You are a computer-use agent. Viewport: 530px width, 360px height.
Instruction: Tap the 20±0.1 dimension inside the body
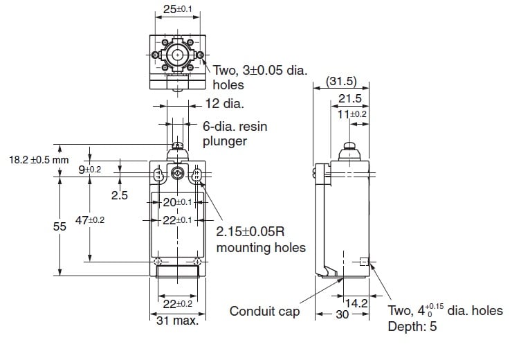[x=177, y=202]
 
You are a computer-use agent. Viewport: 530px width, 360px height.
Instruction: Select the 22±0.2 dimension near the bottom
[x=177, y=304]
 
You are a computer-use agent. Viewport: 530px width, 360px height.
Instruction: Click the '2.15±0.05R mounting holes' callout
[x=261, y=239]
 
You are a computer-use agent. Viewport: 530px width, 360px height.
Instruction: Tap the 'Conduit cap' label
[x=265, y=312]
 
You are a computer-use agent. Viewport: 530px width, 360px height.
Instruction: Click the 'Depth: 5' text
[x=412, y=327]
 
